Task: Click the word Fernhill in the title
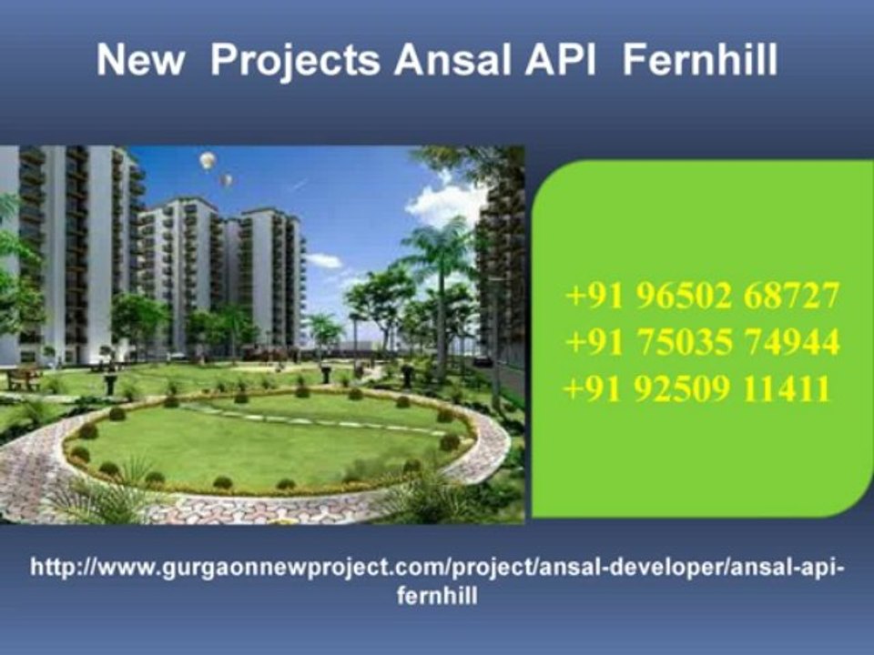pos(702,61)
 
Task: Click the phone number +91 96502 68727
pos(702,296)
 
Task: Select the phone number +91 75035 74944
pos(702,343)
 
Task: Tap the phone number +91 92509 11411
pos(697,390)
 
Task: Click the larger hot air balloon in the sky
pos(208,161)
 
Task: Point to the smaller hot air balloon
pos(226,180)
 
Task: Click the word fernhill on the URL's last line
pos(438,597)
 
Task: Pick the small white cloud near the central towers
pos(324,260)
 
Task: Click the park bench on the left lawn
pos(24,377)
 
